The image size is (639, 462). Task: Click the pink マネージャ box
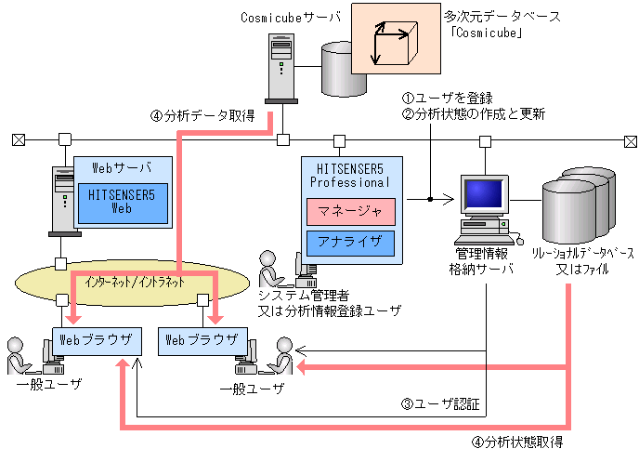(351, 212)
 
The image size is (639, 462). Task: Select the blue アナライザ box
(350, 243)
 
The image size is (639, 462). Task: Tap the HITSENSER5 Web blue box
(123, 203)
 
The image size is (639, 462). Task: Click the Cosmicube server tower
(281, 69)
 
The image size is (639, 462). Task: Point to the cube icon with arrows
(394, 43)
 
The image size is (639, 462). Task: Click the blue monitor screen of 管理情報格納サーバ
(484, 193)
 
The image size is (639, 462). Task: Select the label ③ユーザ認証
(440, 404)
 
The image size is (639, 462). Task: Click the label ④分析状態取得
(517, 442)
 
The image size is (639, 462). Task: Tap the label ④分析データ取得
(202, 116)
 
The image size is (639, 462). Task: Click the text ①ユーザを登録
(447, 99)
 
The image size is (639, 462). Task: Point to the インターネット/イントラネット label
(135, 282)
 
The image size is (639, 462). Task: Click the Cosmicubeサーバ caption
(290, 18)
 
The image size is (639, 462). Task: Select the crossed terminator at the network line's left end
(19, 140)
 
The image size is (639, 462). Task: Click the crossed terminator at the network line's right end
(631, 141)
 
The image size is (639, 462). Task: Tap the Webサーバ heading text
(122, 167)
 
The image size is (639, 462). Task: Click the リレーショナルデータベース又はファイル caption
(582, 261)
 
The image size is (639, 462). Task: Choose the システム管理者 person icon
(270, 270)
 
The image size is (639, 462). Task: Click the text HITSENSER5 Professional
(350, 176)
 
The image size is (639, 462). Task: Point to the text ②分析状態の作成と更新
(474, 113)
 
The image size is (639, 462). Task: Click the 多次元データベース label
(502, 17)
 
